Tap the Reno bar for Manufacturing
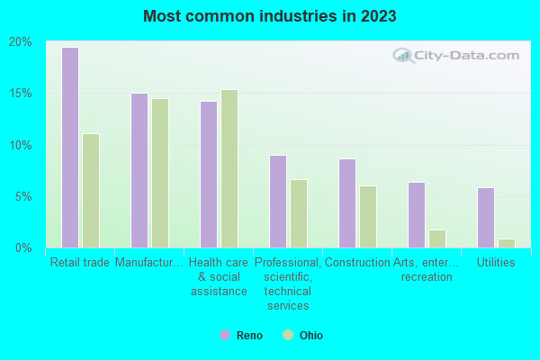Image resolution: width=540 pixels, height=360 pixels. pos(139,170)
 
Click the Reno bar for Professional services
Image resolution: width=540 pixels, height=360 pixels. pos(278,202)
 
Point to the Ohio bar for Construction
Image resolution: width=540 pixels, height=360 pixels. pos(368,217)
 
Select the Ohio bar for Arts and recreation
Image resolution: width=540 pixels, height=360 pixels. pos(437,238)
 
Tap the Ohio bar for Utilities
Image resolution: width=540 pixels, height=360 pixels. pos(507,243)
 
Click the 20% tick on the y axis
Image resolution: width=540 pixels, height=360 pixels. pos(21,42)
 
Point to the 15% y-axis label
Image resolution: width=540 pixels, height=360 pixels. pos(21,94)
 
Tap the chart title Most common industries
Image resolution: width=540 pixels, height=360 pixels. pos(270,16)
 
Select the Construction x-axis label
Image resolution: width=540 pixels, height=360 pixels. pos(357,263)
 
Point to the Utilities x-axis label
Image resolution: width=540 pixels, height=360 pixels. pos(496,263)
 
